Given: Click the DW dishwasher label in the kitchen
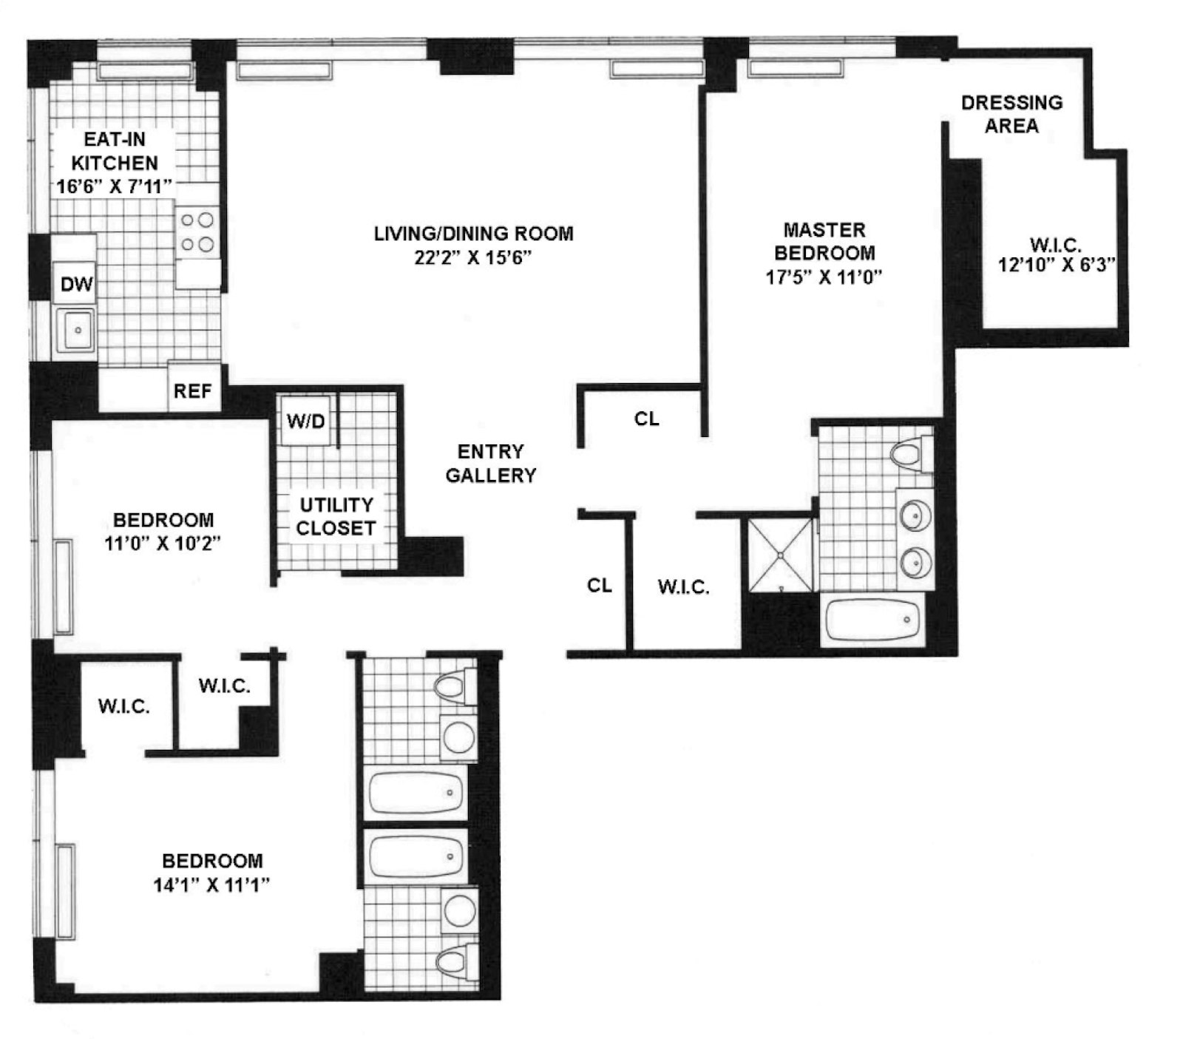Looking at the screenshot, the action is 77,284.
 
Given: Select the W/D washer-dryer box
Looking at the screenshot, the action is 306,421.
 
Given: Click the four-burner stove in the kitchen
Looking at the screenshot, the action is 197,232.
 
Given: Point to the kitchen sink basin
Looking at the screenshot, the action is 77,330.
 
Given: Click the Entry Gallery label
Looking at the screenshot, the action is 490,463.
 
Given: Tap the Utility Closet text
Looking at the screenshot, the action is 336,516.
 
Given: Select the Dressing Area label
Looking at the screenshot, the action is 1011,114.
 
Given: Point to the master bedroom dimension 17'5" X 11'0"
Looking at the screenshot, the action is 824,277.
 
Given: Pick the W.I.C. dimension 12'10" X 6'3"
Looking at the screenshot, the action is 1057,265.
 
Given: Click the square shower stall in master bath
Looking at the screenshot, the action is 781,555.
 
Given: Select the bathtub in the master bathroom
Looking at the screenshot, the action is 873,620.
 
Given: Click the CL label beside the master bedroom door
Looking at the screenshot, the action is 647,419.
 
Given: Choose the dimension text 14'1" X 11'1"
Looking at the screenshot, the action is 211,884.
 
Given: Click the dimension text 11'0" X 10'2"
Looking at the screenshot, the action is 163,544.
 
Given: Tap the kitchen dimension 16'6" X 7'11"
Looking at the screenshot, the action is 115,186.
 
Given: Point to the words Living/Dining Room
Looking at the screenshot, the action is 473,234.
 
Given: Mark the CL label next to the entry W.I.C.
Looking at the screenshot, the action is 600,586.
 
